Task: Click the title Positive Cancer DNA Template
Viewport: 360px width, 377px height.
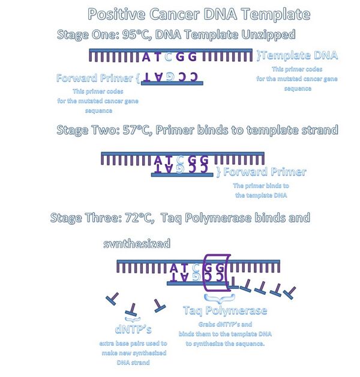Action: pyautogui.click(x=199, y=14)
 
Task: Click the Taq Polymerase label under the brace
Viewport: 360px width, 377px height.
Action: pyautogui.click(x=225, y=310)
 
